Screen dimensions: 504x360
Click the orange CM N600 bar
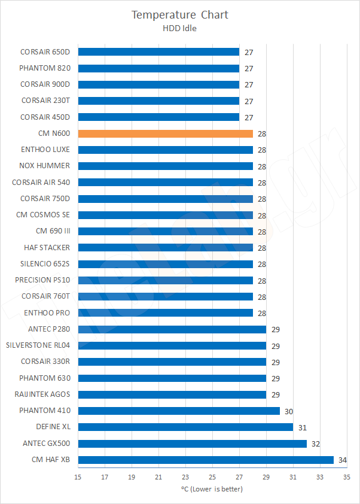point(165,133)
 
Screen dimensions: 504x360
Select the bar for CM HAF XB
point(206,460)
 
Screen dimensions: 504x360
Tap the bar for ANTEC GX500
point(192,444)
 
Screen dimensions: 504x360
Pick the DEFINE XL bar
point(185,427)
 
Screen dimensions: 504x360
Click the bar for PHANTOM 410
point(179,411)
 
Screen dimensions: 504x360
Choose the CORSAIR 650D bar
point(158,52)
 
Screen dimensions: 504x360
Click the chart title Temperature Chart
point(180,14)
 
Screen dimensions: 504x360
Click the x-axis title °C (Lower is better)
point(212,489)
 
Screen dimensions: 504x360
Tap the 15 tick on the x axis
point(78,477)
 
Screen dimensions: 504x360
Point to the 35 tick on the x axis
point(347,477)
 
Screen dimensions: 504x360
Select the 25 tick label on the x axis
point(212,477)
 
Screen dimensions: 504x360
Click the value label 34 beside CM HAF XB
point(342,460)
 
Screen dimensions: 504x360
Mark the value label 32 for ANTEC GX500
point(315,444)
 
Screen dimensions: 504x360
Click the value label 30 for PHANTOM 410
point(288,411)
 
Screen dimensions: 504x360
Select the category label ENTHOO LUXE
point(45,150)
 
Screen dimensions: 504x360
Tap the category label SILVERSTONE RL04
point(38,345)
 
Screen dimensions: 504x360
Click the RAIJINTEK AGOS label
point(42,394)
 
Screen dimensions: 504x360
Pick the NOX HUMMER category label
point(45,166)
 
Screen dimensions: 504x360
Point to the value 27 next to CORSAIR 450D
point(248,117)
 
